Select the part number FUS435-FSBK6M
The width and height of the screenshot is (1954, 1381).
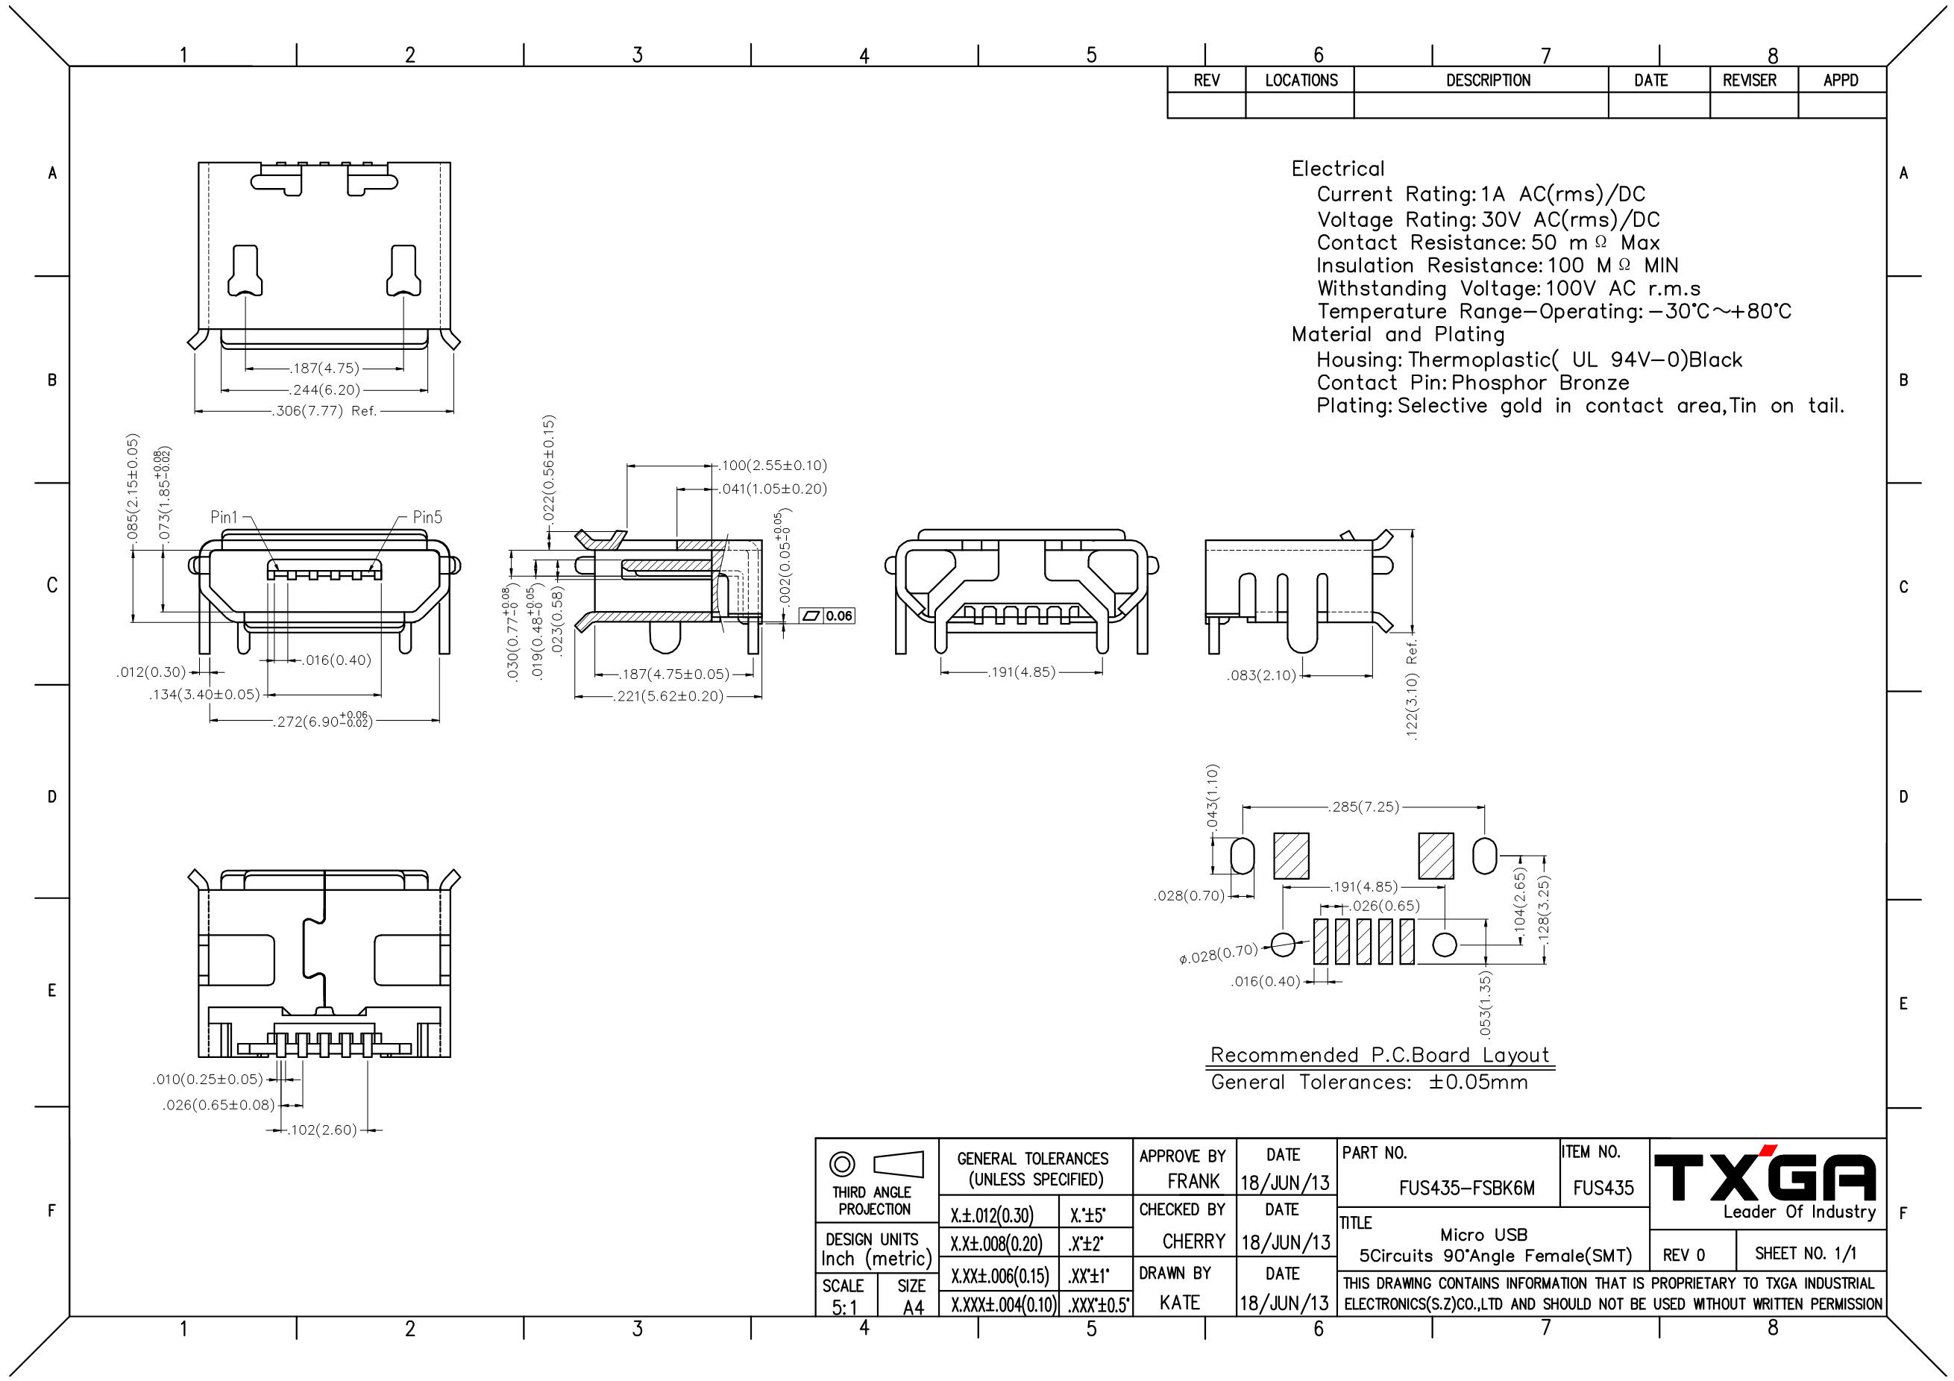[x=1466, y=1189]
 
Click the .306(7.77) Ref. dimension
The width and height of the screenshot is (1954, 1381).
[x=324, y=411]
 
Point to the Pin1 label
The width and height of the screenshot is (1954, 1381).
[x=224, y=517]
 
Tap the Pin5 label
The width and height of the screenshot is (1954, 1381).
[x=427, y=517]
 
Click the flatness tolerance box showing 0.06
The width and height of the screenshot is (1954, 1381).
[x=828, y=616]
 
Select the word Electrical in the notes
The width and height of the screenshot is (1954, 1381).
[x=1338, y=169]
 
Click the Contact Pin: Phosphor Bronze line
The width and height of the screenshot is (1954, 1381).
[x=1472, y=383]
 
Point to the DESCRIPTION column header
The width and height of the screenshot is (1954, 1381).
[x=1488, y=80]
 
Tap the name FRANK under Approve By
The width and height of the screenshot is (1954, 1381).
[x=1193, y=1181]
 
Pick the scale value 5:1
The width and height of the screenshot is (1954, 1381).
[x=844, y=1308]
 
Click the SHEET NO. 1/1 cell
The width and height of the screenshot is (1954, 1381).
[x=1806, y=1253]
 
